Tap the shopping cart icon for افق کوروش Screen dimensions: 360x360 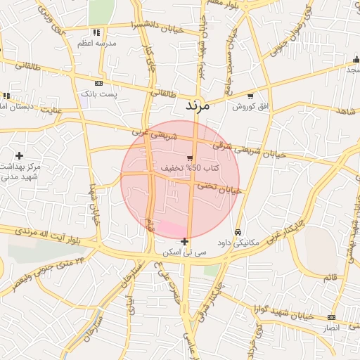pos(250,96)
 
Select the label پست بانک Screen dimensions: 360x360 pos(98,93)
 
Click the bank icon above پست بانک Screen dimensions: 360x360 pos(98,83)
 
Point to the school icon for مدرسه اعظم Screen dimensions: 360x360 pos(96,32)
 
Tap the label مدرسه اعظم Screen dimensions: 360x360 pos(98,43)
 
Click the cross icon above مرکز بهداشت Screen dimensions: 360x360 pos(19,155)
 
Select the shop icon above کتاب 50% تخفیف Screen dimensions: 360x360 pos(189,158)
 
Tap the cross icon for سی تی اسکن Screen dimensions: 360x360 pos(184,241)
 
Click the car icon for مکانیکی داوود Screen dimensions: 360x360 pos(238,232)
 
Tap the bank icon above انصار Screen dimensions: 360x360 pos(331,318)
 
